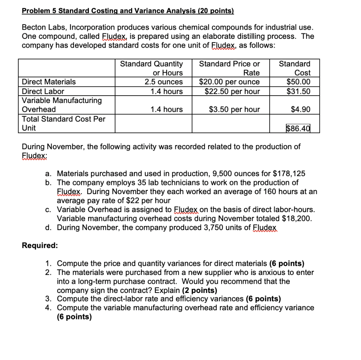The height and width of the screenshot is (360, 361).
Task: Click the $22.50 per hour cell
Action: point(232,91)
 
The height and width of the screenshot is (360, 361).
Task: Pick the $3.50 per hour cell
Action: point(234,109)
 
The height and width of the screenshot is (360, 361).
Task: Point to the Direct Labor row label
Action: point(43,91)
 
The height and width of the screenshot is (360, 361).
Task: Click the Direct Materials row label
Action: point(49,82)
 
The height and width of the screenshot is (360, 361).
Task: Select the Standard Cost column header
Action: point(295,68)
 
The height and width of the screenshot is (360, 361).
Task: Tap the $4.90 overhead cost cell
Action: point(301,109)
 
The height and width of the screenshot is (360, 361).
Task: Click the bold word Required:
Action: point(40,246)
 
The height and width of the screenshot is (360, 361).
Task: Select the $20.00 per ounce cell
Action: point(230,82)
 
